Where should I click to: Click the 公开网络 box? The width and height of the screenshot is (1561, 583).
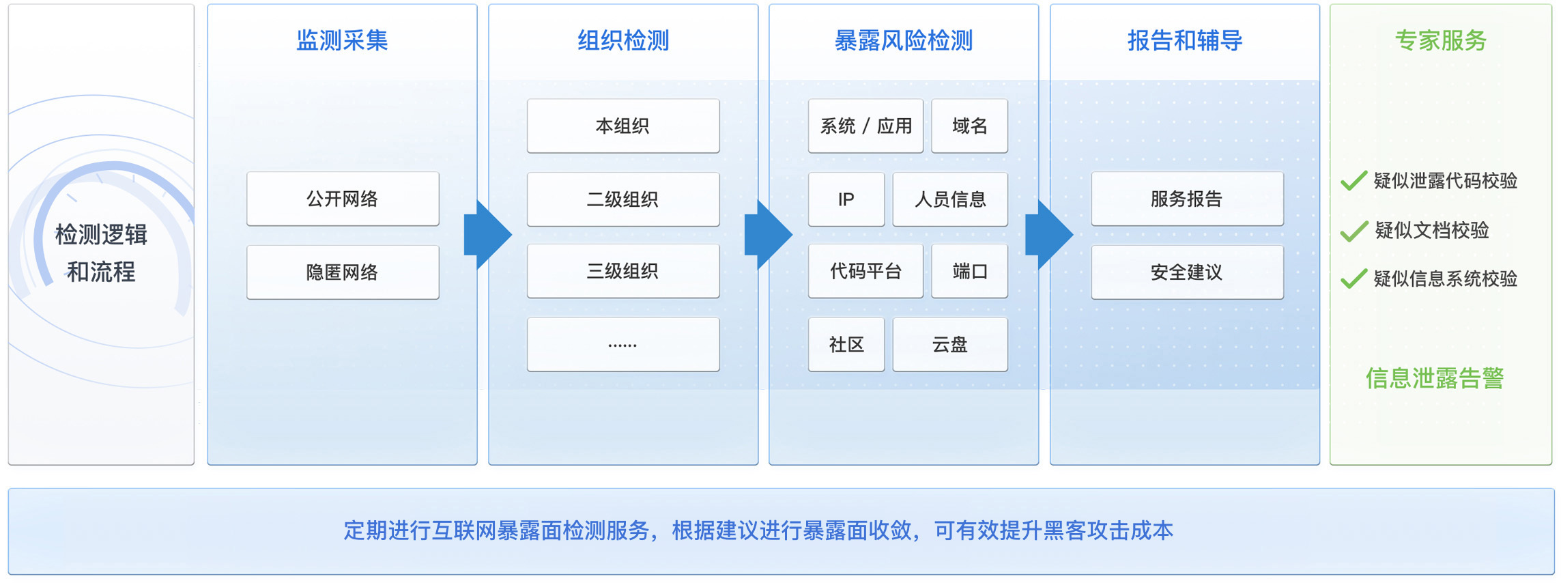343,199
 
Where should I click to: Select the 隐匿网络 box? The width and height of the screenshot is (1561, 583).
343,272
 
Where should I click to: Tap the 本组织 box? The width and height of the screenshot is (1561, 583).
622,126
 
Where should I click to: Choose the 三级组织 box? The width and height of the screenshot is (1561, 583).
622,271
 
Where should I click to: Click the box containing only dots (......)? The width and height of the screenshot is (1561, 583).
622,345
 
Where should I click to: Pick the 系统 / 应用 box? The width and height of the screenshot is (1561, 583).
865,126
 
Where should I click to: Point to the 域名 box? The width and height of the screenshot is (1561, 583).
969,126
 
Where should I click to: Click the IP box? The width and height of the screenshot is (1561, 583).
846,199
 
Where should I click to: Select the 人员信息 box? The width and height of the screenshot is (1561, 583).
950,199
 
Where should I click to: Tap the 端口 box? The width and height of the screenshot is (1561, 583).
969,271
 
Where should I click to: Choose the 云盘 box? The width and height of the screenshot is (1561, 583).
950,345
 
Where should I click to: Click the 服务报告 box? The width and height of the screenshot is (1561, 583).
1187,199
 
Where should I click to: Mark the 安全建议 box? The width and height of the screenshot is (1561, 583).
1187,272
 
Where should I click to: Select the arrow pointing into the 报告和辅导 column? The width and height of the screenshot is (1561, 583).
1048,235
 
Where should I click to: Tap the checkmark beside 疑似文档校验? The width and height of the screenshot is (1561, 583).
1354,231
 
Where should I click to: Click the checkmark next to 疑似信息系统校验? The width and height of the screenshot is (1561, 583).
1354,279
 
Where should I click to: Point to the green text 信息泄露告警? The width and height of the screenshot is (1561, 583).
1435,378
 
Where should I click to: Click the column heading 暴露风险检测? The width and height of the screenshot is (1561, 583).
904,41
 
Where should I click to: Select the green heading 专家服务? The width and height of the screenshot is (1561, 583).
1441,41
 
